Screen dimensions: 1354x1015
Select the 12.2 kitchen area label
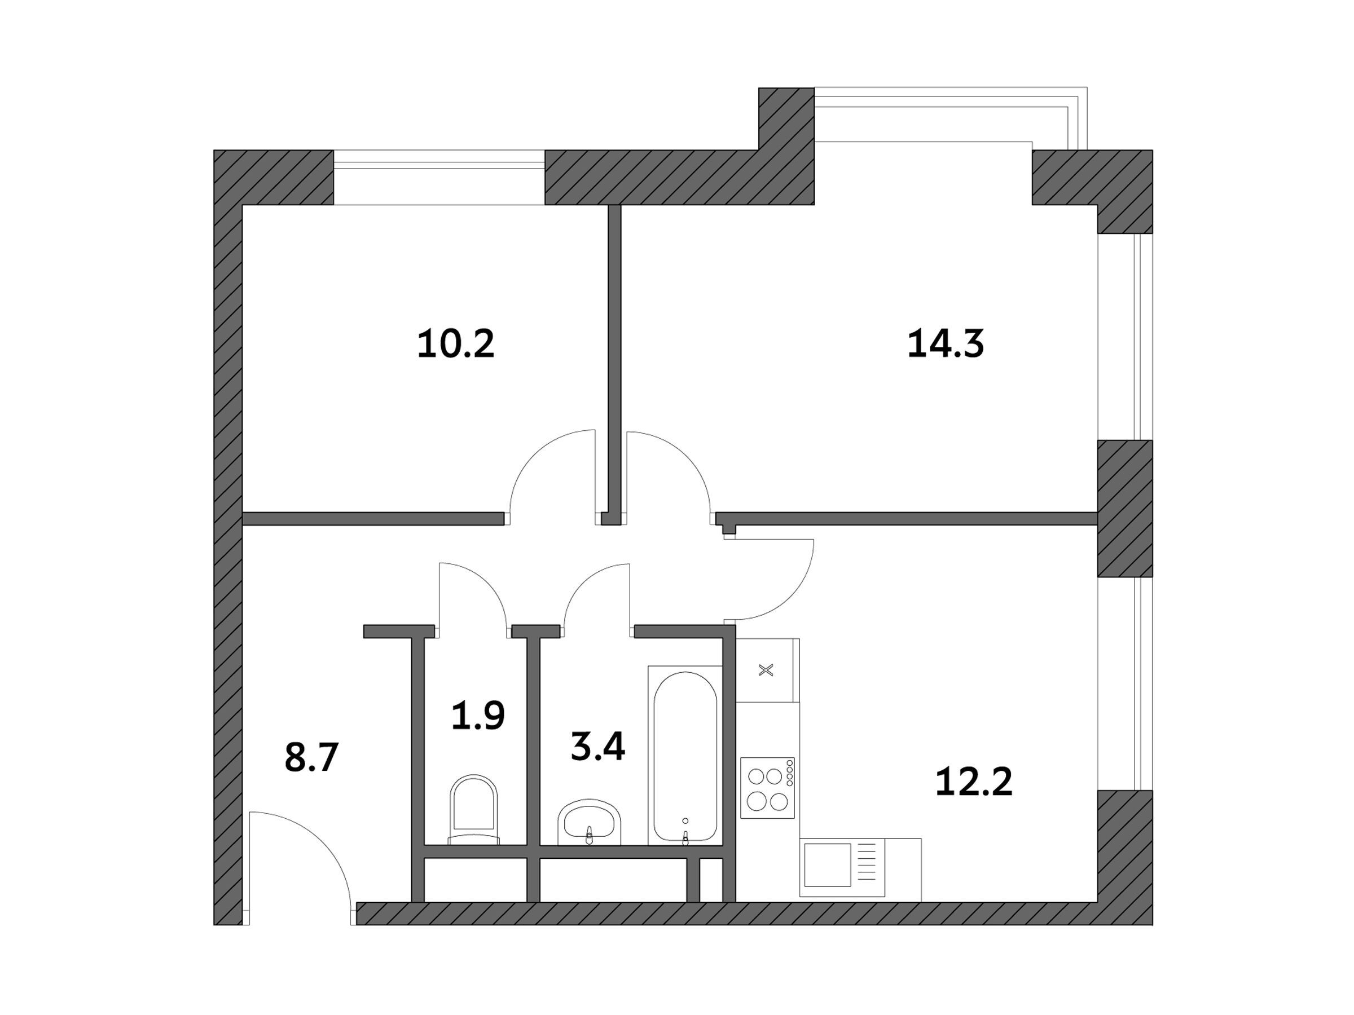tap(974, 782)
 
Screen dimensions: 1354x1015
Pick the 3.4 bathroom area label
tap(597, 747)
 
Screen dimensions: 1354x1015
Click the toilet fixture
tap(474, 809)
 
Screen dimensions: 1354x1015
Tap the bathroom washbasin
tap(589, 822)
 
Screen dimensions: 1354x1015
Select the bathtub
tap(685, 756)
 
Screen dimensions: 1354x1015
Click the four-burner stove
tap(768, 787)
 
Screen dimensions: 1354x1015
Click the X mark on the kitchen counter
tap(766, 670)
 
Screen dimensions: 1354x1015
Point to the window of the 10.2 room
tap(439, 178)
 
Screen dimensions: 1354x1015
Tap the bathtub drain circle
tap(685, 821)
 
